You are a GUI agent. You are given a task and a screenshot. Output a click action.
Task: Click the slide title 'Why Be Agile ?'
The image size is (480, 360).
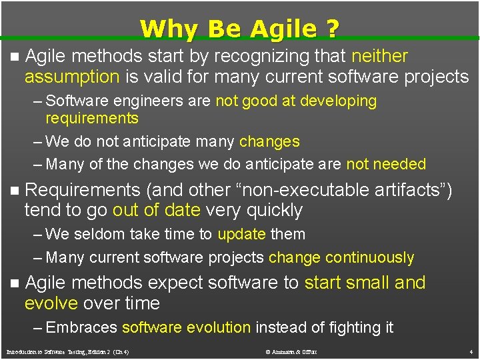pos(239,29)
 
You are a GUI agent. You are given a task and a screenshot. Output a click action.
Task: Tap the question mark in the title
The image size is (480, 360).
pos(332,29)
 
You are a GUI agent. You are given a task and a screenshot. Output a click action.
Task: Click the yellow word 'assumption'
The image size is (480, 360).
pos(72,77)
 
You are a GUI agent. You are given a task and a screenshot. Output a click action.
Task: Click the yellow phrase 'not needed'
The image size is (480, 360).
pos(386,164)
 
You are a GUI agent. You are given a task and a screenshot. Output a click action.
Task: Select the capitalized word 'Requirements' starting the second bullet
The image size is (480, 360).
pos(83,191)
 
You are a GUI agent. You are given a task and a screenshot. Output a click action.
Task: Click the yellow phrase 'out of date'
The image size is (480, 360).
pos(157,211)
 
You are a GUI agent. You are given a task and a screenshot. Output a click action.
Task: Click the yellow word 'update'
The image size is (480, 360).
pos(241,235)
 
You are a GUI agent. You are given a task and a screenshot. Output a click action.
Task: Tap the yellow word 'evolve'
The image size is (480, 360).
pos(51,303)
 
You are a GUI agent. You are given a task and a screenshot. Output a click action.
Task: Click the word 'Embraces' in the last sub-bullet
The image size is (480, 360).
pos(82,327)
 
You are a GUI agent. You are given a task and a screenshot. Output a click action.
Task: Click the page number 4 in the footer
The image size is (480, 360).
pos(470,351)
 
